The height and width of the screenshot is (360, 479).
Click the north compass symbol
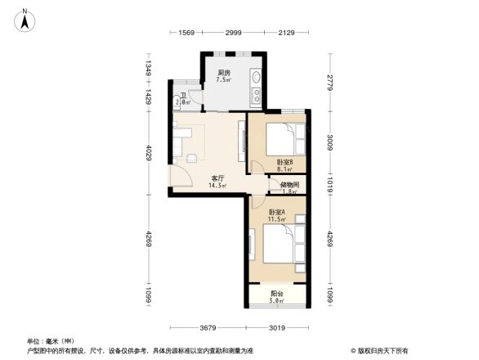tap(26, 19)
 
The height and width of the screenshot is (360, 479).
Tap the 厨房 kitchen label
tap(223, 72)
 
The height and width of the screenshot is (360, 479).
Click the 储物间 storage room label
tap(289, 185)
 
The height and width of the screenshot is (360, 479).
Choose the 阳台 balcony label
tap(277, 294)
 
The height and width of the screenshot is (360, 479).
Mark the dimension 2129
tap(286, 32)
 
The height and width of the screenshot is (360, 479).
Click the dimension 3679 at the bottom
tap(204, 328)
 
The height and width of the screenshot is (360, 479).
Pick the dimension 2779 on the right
tap(330, 83)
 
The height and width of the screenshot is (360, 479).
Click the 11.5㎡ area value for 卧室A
tap(277, 220)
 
